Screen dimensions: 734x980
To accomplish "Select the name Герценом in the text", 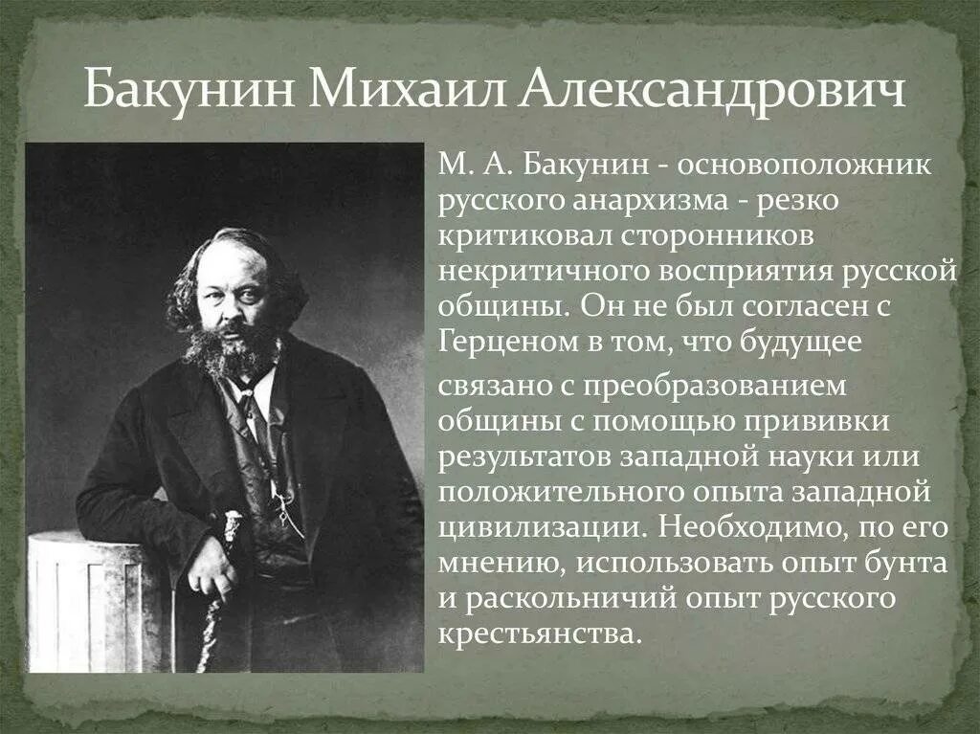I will click(503, 342).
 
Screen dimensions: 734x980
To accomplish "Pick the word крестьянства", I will click(537, 633).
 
